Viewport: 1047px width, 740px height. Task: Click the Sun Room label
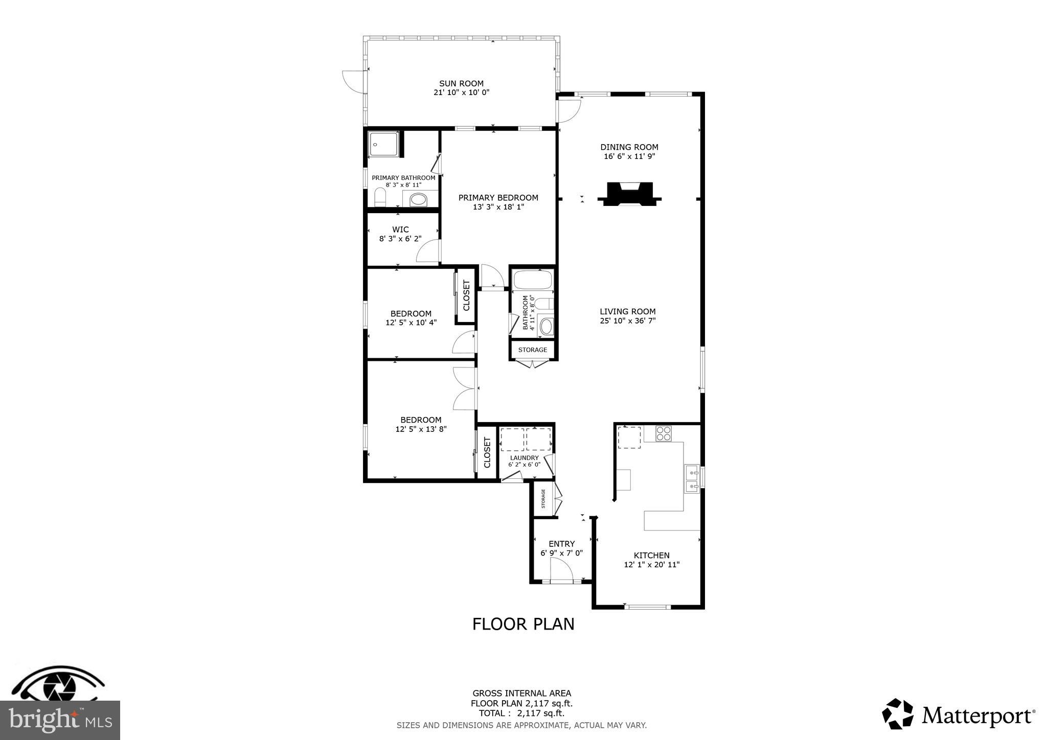pyautogui.click(x=461, y=83)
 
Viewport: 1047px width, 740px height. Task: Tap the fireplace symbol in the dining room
pyautogui.click(x=629, y=194)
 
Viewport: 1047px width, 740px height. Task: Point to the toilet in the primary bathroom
pyautogui.click(x=380, y=197)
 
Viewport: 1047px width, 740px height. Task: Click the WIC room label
pyautogui.click(x=400, y=229)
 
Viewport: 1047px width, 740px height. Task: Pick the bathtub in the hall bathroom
pyautogui.click(x=533, y=280)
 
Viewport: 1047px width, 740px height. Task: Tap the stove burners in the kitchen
pyautogui.click(x=664, y=433)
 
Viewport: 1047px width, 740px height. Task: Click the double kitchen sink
pyautogui.click(x=692, y=479)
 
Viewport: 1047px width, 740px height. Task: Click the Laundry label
pyautogui.click(x=524, y=457)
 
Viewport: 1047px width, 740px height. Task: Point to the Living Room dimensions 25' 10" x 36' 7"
pyautogui.click(x=628, y=321)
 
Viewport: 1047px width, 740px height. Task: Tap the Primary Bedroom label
pyautogui.click(x=498, y=198)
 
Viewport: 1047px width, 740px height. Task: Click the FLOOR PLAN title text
pyautogui.click(x=523, y=624)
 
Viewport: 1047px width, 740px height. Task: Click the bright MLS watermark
pyautogui.click(x=60, y=721)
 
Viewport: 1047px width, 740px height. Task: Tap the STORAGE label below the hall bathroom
pyautogui.click(x=532, y=350)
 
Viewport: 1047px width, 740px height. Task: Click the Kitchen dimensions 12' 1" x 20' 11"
pyautogui.click(x=651, y=565)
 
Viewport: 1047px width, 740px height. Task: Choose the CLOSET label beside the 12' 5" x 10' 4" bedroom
pyautogui.click(x=466, y=295)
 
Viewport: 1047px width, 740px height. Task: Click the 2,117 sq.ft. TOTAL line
pyautogui.click(x=521, y=713)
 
